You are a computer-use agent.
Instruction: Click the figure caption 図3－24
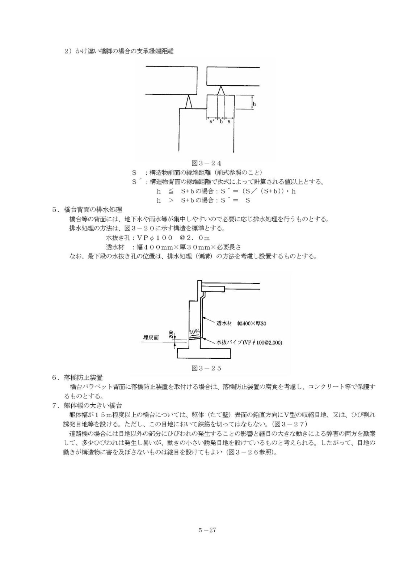click(206, 163)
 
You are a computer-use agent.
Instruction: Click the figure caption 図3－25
click(206, 368)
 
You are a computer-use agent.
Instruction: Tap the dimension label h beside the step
click(254, 104)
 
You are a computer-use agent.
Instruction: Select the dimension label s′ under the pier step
click(211, 122)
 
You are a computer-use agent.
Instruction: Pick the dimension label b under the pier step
click(221, 122)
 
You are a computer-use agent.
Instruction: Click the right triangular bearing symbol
click(221, 91)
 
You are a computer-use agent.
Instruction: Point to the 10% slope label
click(194, 331)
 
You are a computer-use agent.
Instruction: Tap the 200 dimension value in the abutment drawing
click(171, 334)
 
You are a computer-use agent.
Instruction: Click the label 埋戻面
click(151, 337)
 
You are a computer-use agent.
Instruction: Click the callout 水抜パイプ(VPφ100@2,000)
click(249, 342)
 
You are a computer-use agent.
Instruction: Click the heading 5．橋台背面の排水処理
click(87, 209)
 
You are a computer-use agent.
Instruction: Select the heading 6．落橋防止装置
click(77, 377)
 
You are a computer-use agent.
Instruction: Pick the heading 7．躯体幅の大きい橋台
click(87, 405)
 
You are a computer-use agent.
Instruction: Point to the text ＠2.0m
click(195, 238)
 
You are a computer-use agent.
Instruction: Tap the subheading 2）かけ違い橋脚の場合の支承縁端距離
click(118, 51)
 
